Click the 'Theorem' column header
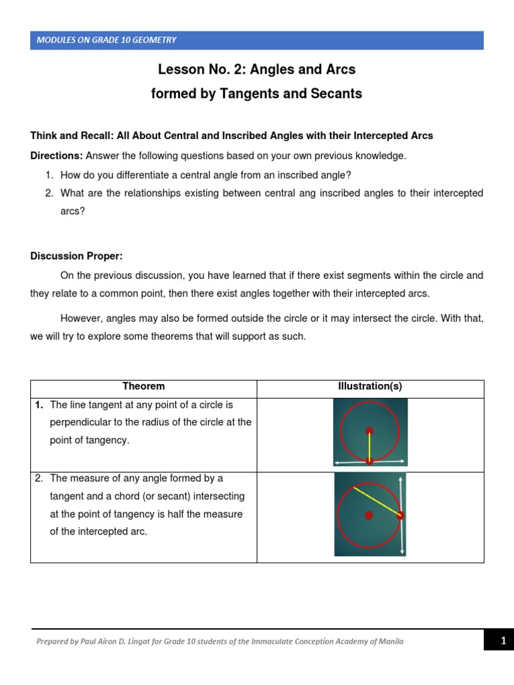coord(143,387)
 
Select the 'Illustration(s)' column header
coord(370,387)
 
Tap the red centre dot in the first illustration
coord(369,431)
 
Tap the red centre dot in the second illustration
coord(369,515)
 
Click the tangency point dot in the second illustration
coord(400,515)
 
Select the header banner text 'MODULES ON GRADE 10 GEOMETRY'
coord(106,40)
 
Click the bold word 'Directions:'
coord(56,156)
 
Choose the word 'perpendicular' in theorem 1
coord(80,422)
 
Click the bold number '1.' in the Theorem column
coord(39,405)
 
